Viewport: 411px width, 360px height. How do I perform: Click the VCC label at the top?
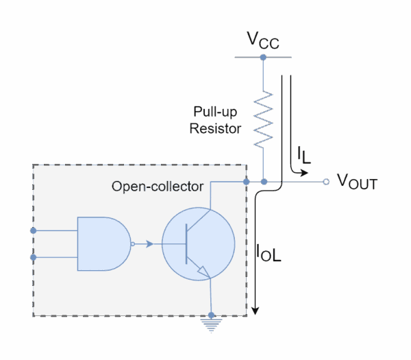click(263, 40)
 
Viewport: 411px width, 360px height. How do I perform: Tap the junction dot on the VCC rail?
click(263, 57)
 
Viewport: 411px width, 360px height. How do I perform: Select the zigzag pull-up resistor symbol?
click(263, 119)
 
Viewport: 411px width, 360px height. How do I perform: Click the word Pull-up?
click(215, 112)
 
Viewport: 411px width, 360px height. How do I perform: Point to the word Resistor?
click(215, 129)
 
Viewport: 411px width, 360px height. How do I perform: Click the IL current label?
click(303, 155)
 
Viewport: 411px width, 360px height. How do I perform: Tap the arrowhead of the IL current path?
click(304, 173)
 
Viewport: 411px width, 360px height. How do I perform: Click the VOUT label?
click(358, 182)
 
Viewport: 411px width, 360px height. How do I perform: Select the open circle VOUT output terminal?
click(326, 182)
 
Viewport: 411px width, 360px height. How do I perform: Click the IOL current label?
click(269, 253)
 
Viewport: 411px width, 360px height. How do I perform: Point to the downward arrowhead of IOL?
click(255, 311)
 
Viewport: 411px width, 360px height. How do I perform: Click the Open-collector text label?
click(158, 187)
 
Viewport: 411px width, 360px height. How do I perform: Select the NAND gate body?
click(104, 243)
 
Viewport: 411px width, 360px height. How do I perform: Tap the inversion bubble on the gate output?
click(133, 244)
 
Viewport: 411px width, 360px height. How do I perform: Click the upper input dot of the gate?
click(34, 230)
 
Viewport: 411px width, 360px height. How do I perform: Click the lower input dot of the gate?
click(34, 257)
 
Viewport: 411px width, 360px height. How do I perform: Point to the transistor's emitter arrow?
click(204, 272)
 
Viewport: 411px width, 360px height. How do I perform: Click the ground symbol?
click(211, 325)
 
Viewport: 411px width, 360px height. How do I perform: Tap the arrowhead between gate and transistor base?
click(149, 244)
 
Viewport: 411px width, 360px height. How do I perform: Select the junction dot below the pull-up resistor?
click(264, 182)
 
